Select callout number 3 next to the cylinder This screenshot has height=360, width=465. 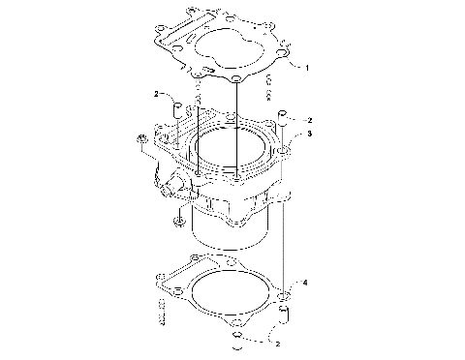pos(308,134)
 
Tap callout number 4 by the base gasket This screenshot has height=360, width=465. pos(304,282)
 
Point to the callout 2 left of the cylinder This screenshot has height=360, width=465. pos(155,94)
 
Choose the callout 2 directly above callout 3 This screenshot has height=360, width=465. pos(308,119)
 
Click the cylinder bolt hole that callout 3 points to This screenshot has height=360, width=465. pos(281,152)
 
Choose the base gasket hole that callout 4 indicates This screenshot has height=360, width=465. pos(282,293)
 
